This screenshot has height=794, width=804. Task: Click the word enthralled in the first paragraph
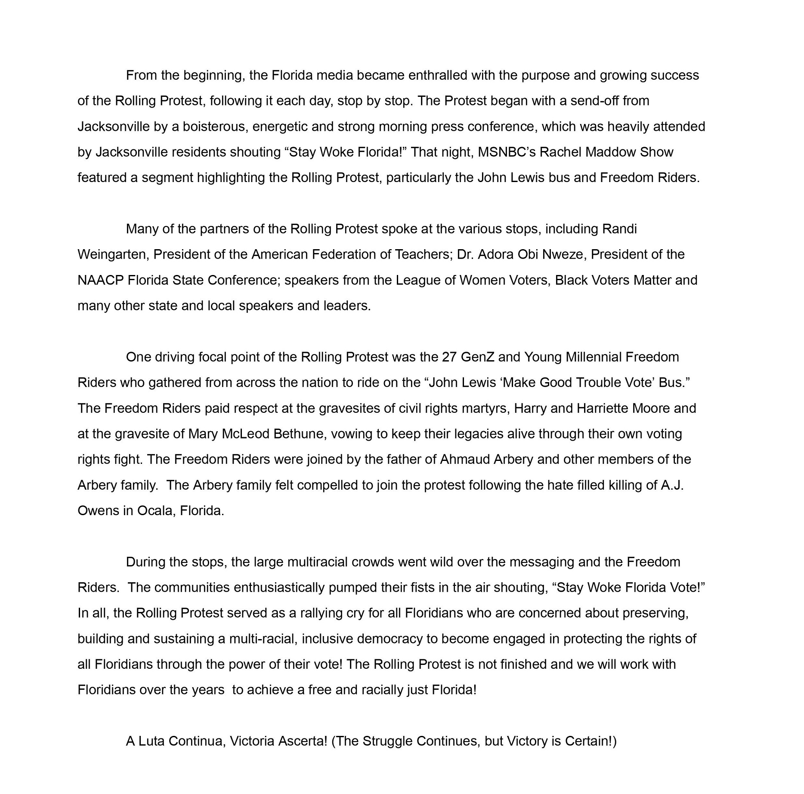pos(437,75)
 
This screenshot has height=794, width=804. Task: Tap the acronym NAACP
pos(100,280)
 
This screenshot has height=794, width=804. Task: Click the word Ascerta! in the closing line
pos(303,741)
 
